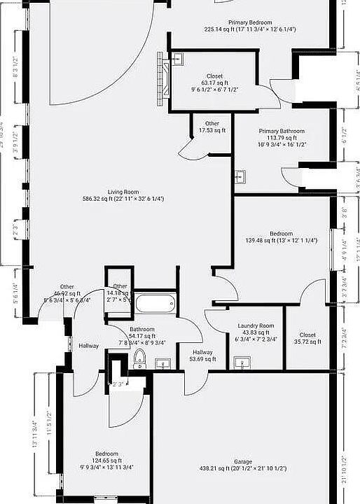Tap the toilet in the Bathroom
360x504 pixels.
coord(139,359)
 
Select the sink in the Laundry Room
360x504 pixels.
coord(242,361)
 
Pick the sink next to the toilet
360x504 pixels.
coord(162,363)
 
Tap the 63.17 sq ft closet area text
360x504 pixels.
coord(214,83)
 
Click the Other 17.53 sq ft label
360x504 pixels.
coord(212,127)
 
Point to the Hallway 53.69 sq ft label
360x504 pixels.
coord(203,356)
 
